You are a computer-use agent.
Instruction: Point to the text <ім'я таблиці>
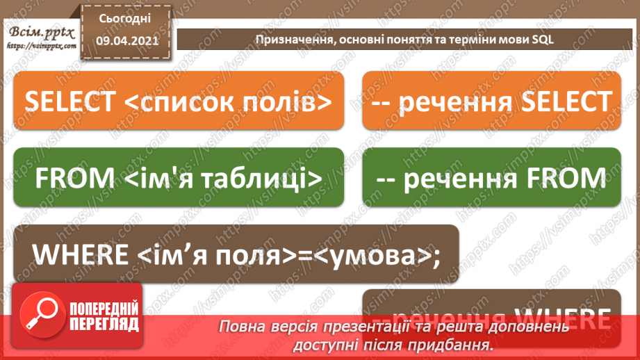pyautogui.click(x=223, y=179)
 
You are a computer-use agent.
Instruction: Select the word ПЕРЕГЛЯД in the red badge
pyautogui.click(x=104, y=324)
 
